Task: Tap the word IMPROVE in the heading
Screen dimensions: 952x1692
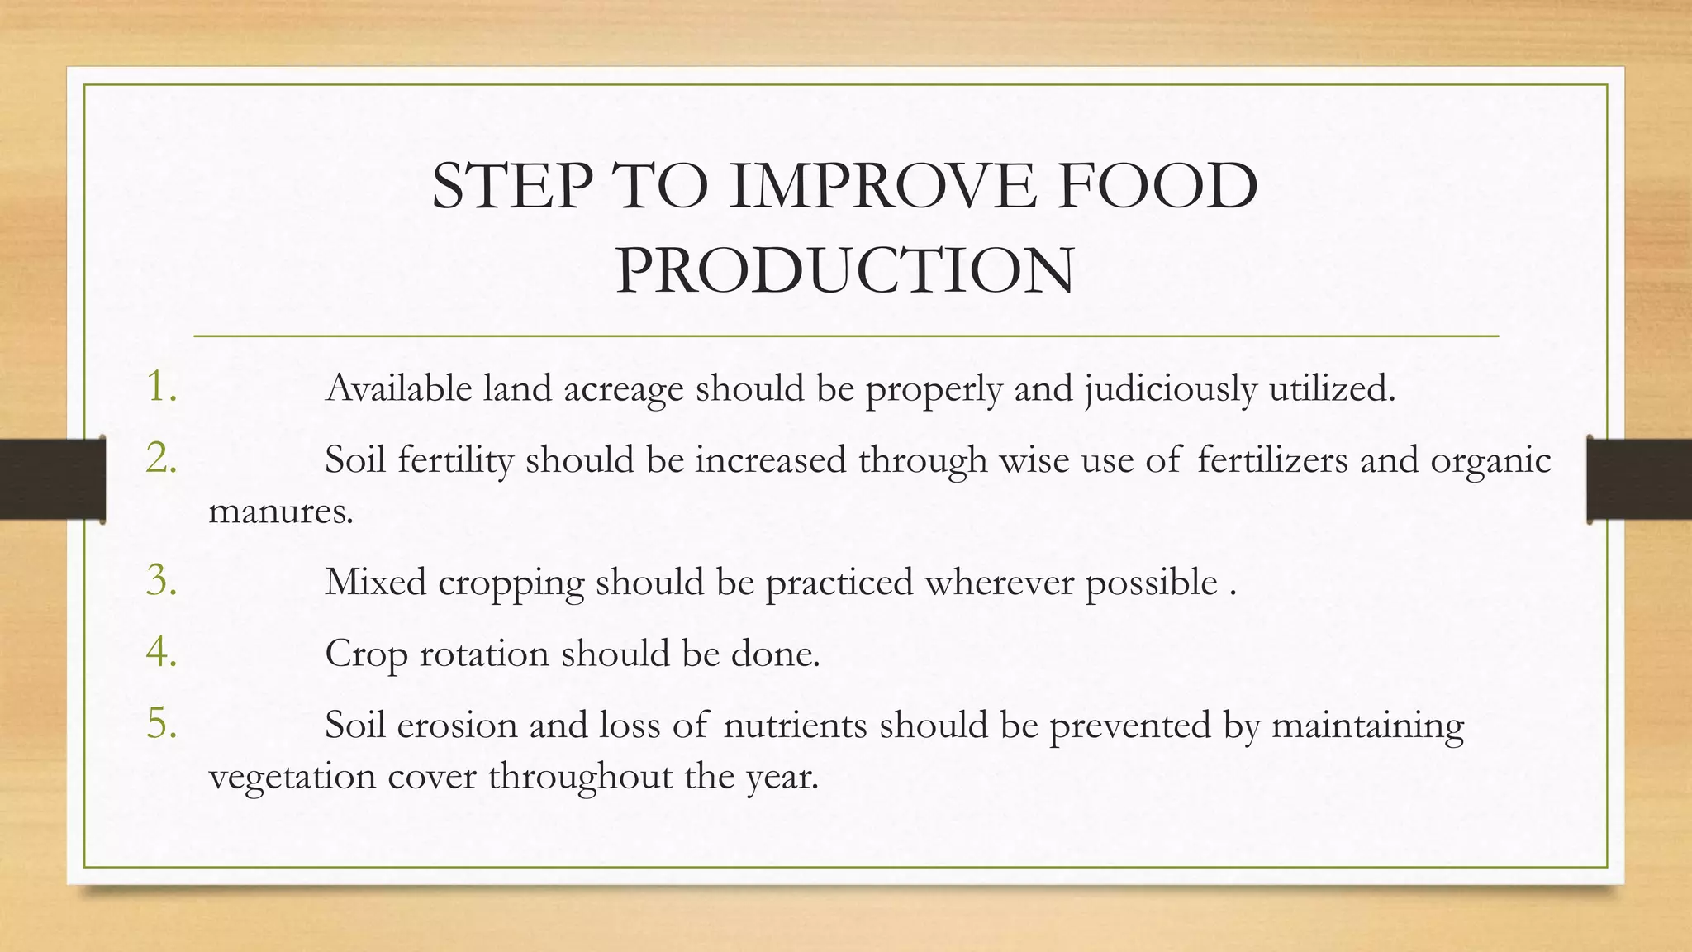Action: coord(881,186)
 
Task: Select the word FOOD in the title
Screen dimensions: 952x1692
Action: coord(1157,186)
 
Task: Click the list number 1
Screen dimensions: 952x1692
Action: coord(162,387)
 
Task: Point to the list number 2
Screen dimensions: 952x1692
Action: coord(162,459)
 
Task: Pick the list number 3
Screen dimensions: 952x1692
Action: coord(162,581)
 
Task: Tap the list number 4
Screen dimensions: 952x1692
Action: coord(162,652)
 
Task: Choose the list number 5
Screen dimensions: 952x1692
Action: coord(162,724)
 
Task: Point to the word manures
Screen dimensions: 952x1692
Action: coord(280,512)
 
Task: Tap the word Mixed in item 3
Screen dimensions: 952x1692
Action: coord(375,583)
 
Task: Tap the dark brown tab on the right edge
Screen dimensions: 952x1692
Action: coord(1639,479)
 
